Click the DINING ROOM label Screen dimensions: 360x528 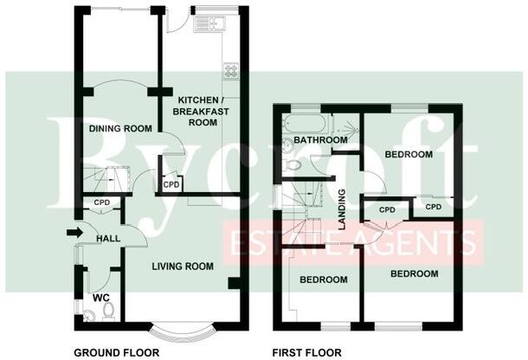[120, 129]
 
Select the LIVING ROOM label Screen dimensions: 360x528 [184, 267]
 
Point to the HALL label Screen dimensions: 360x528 [107, 238]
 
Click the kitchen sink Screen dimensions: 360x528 [209, 22]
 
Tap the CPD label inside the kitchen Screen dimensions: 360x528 [171, 184]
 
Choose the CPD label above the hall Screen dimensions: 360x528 [102, 203]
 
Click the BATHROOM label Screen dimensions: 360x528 [319, 139]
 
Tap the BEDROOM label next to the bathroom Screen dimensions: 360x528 [408, 155]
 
